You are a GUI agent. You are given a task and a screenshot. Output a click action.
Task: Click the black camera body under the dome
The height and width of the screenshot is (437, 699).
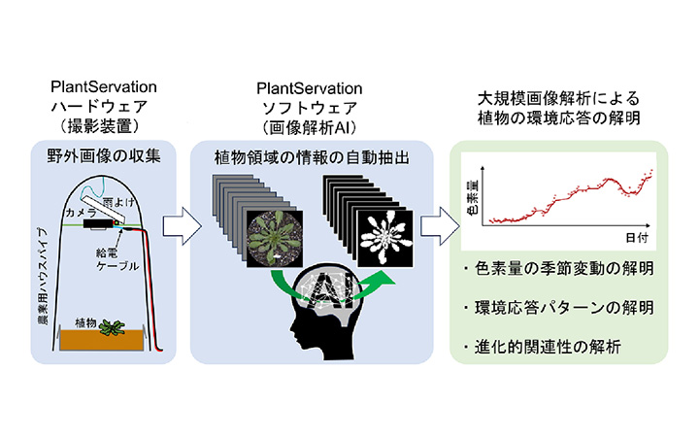tap(98, 223)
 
